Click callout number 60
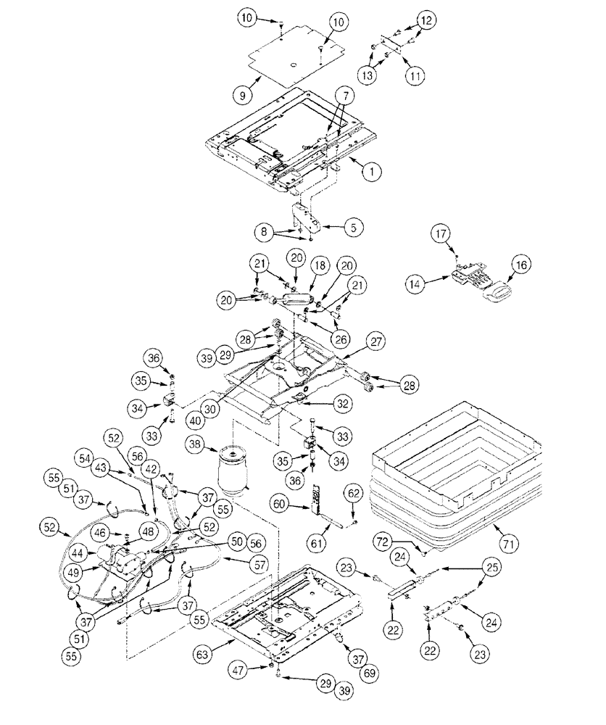(x=281, y=502)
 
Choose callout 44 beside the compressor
(x=77, y=554)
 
